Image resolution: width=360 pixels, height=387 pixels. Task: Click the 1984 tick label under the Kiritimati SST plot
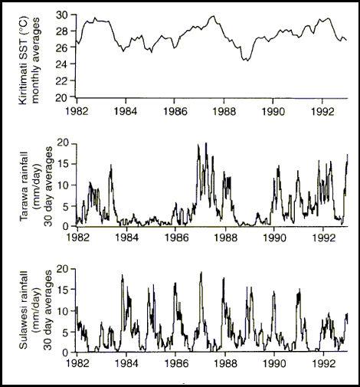(x=125, y=111)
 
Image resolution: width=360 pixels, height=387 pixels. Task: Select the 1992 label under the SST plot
(x=322, y=111)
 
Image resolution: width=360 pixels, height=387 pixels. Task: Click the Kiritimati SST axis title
(x=29, y=61)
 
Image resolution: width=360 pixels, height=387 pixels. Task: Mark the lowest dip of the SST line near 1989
(x=247, y=61)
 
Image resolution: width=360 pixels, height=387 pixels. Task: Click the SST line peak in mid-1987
(x=214, y=16)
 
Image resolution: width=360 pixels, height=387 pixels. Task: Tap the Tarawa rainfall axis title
(x=36, y=186)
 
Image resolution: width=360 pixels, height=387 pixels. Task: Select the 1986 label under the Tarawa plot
(x=175, y=238)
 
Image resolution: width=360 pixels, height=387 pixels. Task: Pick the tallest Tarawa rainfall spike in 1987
(x=206, y=143)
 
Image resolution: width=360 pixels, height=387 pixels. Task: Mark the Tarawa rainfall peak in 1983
(x=111, y=165)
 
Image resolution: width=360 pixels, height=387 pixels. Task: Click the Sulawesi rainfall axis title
(x=36, y=310)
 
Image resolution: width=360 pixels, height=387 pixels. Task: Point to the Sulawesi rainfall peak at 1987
(x=201, y=272)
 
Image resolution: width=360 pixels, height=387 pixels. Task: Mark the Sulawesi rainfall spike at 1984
(x=123, y=275)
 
